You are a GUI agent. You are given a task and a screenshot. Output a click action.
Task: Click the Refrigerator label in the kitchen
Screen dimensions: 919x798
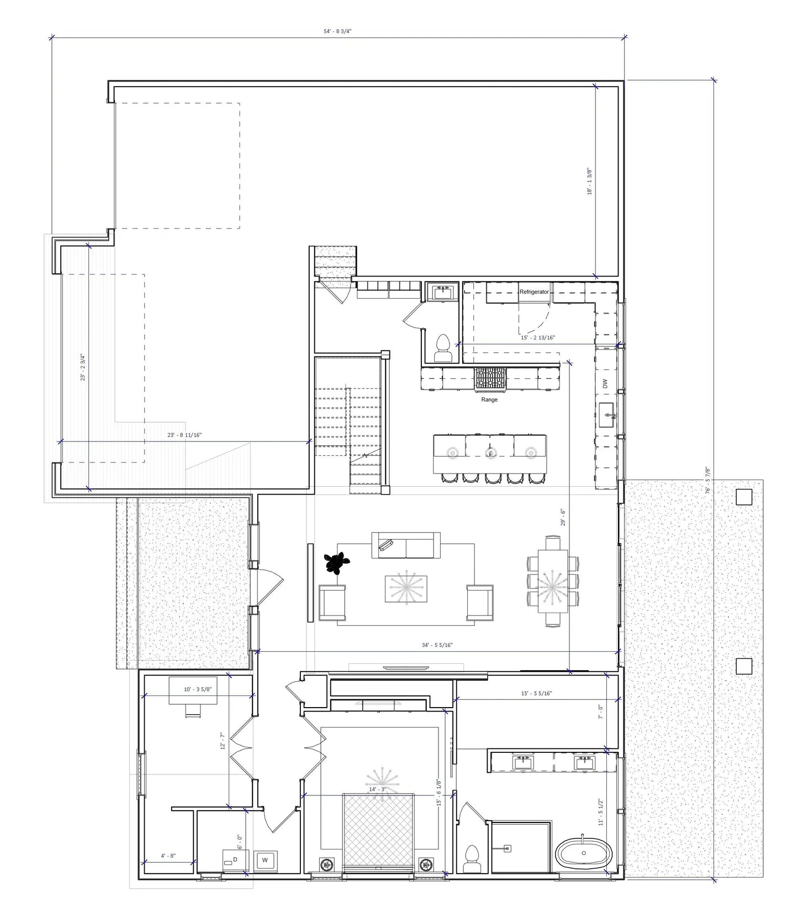(534, 291)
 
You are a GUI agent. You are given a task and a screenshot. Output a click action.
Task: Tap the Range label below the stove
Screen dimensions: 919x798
(489, 400)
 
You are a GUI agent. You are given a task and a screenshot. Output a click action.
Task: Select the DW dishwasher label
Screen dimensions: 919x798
(605, 383)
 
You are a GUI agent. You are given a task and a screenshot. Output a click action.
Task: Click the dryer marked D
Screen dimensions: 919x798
(235, 860)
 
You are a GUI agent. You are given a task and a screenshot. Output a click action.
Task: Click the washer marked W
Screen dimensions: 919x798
(266, 860)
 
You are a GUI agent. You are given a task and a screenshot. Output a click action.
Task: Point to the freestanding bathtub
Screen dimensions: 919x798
(583, 853)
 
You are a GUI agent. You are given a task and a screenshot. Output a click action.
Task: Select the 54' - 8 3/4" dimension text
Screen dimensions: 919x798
(337, 31)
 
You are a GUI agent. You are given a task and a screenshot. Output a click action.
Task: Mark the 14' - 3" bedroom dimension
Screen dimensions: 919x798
(378, 789)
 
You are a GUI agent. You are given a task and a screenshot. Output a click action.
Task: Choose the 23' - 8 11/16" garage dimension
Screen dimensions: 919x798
(184, 435)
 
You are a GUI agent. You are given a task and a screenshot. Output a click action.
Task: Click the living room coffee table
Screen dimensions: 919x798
(406, 588)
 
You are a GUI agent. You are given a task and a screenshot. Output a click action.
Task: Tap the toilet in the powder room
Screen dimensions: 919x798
(442, 348)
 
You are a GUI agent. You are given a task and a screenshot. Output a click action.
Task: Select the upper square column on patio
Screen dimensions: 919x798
(744, 497)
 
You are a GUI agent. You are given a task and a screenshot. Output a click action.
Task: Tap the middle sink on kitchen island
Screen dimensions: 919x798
(490, 452)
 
